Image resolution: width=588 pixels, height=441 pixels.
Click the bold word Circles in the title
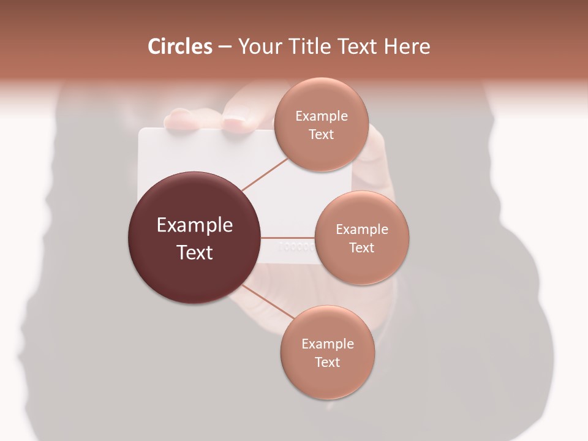(180, 47)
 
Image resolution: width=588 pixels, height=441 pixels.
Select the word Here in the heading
(407, 47)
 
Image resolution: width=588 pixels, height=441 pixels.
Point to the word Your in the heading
(260, 47)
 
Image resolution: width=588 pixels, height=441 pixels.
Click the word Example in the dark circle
(195, 225)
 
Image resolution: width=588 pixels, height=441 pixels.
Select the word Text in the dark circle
(195, 252)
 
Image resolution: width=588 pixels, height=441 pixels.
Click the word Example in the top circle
(321, 116)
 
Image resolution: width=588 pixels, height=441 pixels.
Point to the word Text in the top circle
(321, 135)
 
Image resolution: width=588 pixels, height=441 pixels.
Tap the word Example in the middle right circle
(361, 230)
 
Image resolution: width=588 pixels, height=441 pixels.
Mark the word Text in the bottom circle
(327, 363)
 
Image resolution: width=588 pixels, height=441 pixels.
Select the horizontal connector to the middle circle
(288, 238)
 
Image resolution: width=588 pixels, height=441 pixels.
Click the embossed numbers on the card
(297, 247)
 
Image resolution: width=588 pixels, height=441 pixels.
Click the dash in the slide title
(225, 47)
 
